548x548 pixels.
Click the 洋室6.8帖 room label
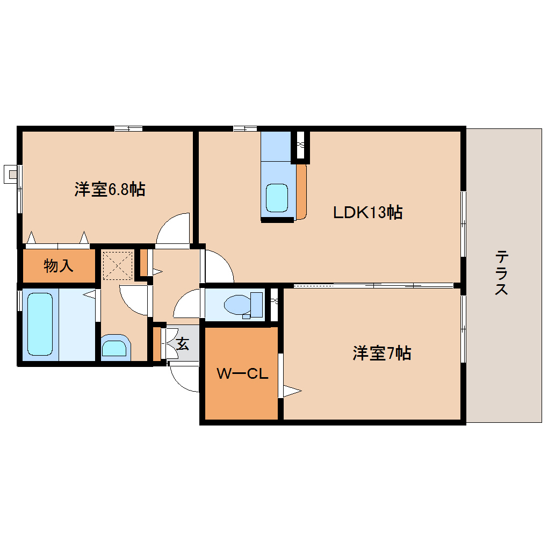click(x=110, y=189)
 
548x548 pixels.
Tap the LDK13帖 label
click(x=368, y=213)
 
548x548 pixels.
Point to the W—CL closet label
click(x=242, y=373)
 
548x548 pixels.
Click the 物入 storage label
click(x=59, y=265)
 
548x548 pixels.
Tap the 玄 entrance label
click(x=183, y=344)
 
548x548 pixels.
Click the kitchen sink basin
click(x=277, y=198)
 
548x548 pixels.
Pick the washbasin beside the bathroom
click(x=114, y=348)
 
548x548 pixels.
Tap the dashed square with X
click(x=117, y=265)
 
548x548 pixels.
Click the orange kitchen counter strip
click(x=301, y=191)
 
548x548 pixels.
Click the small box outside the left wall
click(x=10, y=174)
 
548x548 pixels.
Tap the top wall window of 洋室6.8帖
click(x=128, y=128)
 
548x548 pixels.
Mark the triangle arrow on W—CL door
click(x=292, y=391)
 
